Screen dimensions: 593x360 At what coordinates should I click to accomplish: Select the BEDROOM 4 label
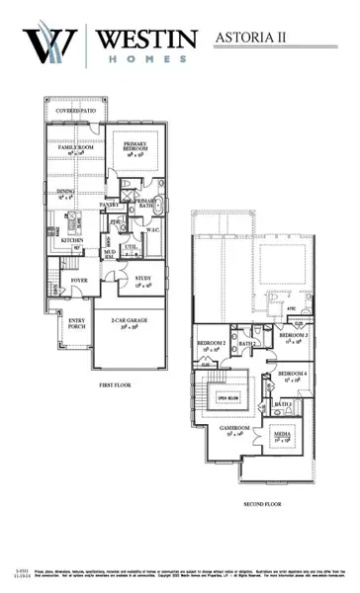[291, 373]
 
